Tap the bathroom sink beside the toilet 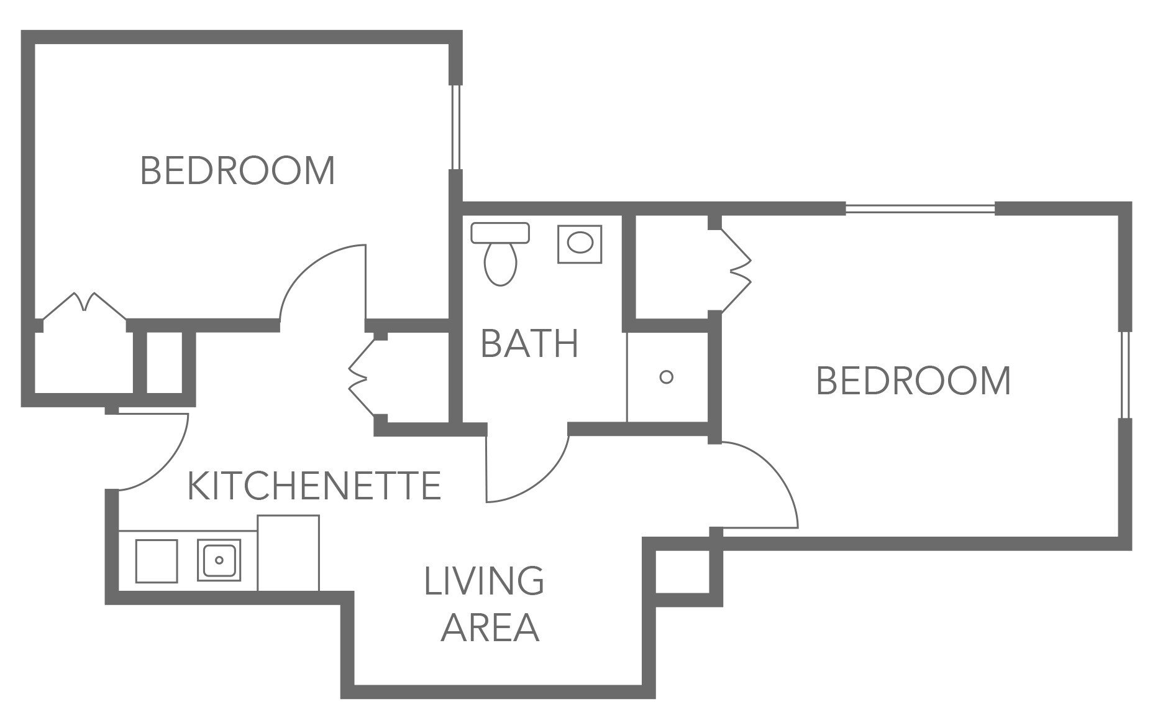tap(580, 244)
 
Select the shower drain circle tap(666, 377)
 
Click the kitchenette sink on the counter tap(219, 560)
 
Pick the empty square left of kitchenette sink tap(157, 560)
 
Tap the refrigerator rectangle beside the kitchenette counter tap(288, 553)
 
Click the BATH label tap(530, 344)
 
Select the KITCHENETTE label tap(314, 486)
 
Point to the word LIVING tap(484, 581)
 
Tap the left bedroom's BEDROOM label tap(238, 170)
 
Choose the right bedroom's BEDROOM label tap(913, 381)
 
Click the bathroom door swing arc tap(547, 479)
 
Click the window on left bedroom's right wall tap(456, 127)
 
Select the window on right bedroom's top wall tap(920, 209)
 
